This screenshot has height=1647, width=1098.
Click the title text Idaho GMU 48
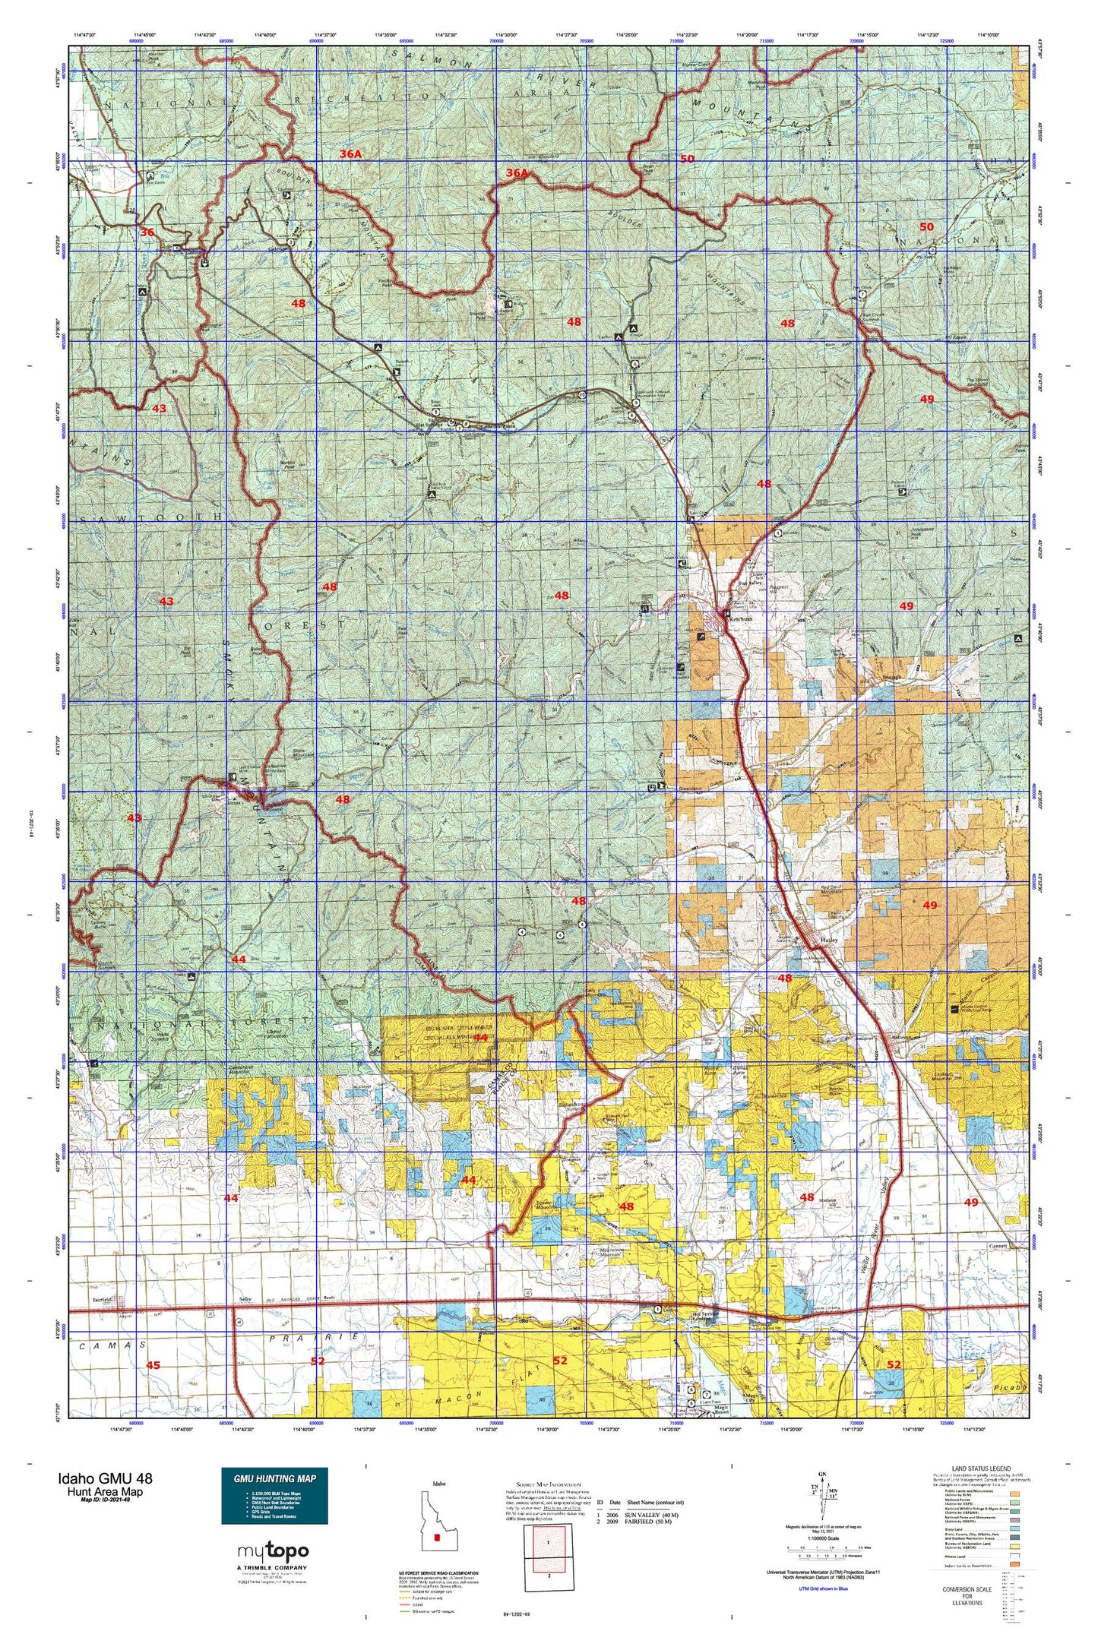[x=104, y=1478]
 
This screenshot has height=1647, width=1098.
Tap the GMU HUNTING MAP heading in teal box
[x=274, y=1478]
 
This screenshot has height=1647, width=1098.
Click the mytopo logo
[x=274, y=1551]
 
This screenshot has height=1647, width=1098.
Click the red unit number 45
[x=153, y=1365]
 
